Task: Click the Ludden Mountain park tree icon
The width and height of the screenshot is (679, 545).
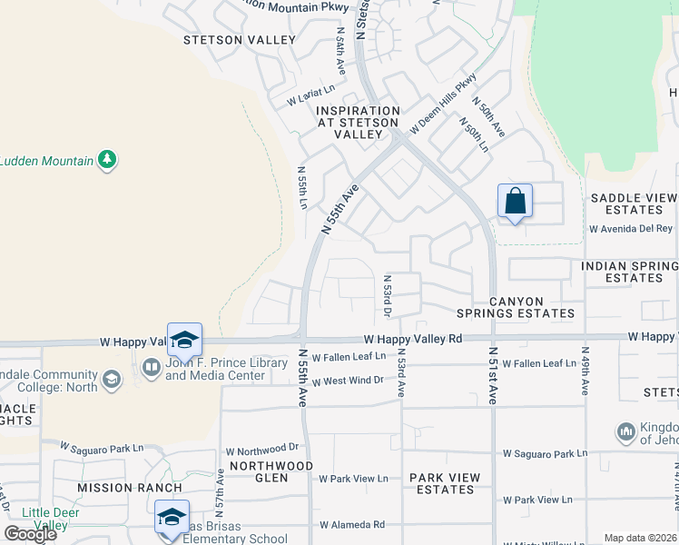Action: pos(108,160)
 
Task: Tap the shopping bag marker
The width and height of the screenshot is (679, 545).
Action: pos(515,202)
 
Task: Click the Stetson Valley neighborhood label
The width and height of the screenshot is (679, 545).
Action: pos(240,40)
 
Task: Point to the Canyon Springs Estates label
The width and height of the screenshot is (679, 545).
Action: pos(532,307)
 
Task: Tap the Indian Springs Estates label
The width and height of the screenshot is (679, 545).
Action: pos(629,272)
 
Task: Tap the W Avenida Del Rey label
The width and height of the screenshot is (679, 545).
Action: pos(631,229)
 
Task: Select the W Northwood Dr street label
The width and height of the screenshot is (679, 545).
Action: pos(262,449)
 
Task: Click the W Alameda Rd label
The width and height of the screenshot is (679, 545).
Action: pos(352,525)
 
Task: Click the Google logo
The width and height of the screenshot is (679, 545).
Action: pos(31,535)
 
